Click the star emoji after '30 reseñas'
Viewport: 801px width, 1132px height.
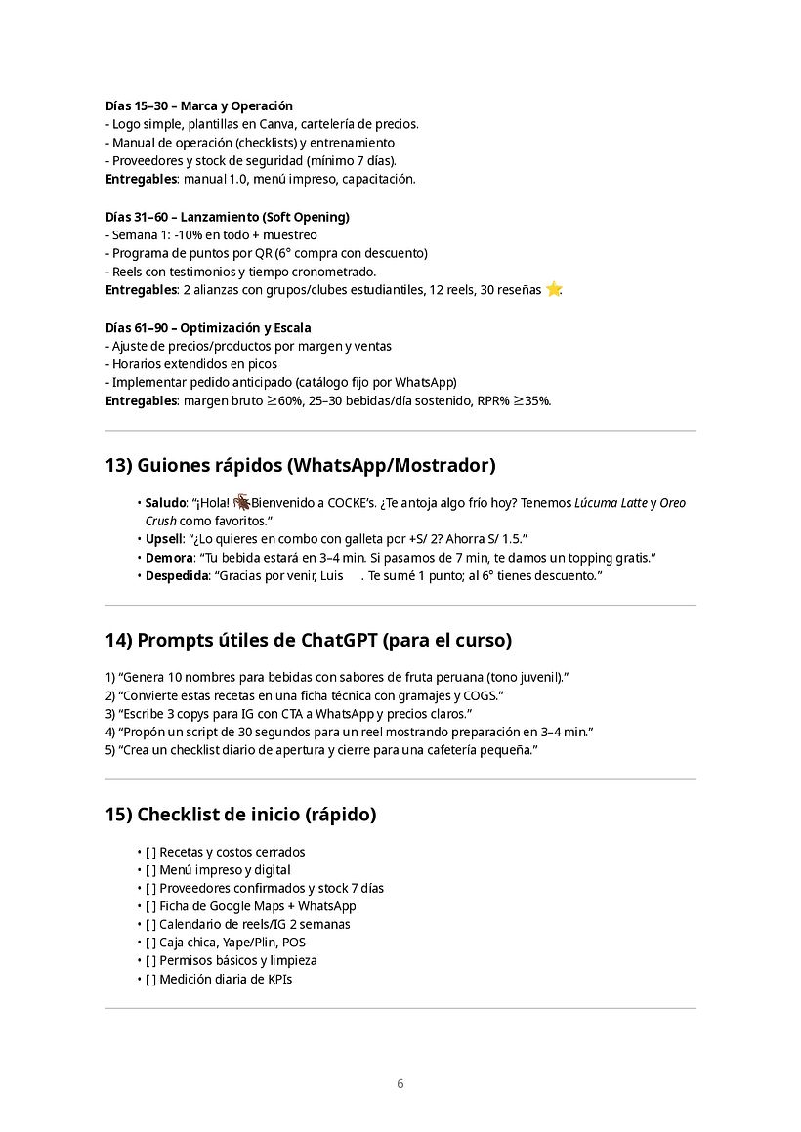click(x=554, y=289)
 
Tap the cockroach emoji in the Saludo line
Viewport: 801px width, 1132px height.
click(x=241, y=502)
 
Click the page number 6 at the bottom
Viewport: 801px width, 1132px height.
click(x=400, y=1083)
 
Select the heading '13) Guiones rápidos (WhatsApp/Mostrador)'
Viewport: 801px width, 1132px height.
click(x=300, y=465)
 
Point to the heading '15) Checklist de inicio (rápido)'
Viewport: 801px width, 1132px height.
click(x=240, y=814)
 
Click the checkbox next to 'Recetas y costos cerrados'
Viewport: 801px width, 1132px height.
click(x=150, y=852)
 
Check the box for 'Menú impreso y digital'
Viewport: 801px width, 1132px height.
click(x=150, y=870)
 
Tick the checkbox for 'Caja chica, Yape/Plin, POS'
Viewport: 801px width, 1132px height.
click(x=150, y=943)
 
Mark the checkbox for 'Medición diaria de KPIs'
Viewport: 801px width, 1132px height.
click(x=150, y=979)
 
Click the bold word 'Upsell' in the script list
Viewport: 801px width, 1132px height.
click(x=164, y=539)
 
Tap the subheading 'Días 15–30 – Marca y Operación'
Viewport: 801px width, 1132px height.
click(x=199, y=105)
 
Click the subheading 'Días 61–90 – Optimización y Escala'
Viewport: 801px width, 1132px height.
click(x=208, y=327)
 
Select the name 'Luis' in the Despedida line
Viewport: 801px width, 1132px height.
click(x=332, y=575)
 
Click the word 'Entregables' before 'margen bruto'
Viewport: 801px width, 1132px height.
click(x=141, y=400)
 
